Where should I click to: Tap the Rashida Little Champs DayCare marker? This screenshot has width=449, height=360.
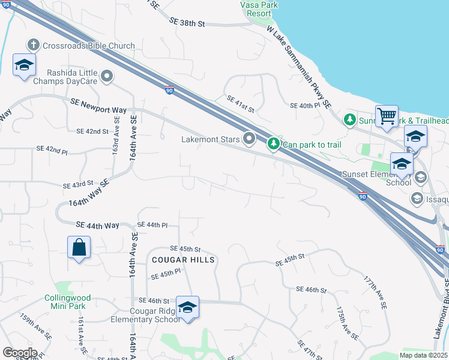click(x=107, y=76)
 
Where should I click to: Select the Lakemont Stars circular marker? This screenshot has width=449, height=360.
click(x=250, y=139)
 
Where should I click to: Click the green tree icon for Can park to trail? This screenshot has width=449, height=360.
click(x=274, y=143)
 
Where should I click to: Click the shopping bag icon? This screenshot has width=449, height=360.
click(x=79, y=247)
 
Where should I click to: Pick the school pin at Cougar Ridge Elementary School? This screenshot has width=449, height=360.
click(x=187, y=307)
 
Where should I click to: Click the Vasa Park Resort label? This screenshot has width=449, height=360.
click(x=260, y=8)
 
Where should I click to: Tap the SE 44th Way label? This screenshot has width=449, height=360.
click(x=97, y=225)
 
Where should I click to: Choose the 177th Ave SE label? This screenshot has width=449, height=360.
click(x=375, y=292)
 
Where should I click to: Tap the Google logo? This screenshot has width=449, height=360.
click(x=20, y=353)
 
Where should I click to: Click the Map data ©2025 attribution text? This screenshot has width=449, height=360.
click(x=423, y=355)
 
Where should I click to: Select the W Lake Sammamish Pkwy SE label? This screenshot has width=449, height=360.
click(x=299, y=67)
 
